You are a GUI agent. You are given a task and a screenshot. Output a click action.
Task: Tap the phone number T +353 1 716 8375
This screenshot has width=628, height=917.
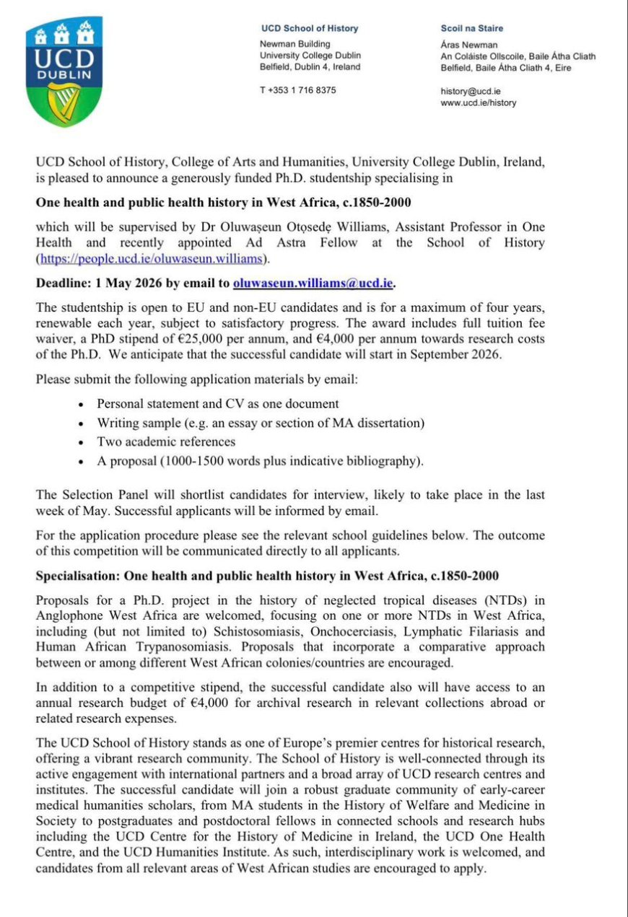click(x=297, y=90)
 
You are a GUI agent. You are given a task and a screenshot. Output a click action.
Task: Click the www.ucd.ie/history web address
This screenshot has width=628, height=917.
click(x=478, y=102)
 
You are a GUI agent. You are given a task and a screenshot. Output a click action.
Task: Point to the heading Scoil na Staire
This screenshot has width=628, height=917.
click(x=471, y=29)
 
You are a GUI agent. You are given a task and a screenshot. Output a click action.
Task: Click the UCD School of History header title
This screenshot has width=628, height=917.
click(x=309, y=29)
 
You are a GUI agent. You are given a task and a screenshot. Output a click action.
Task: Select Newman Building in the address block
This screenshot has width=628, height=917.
click(x=295, y=43)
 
